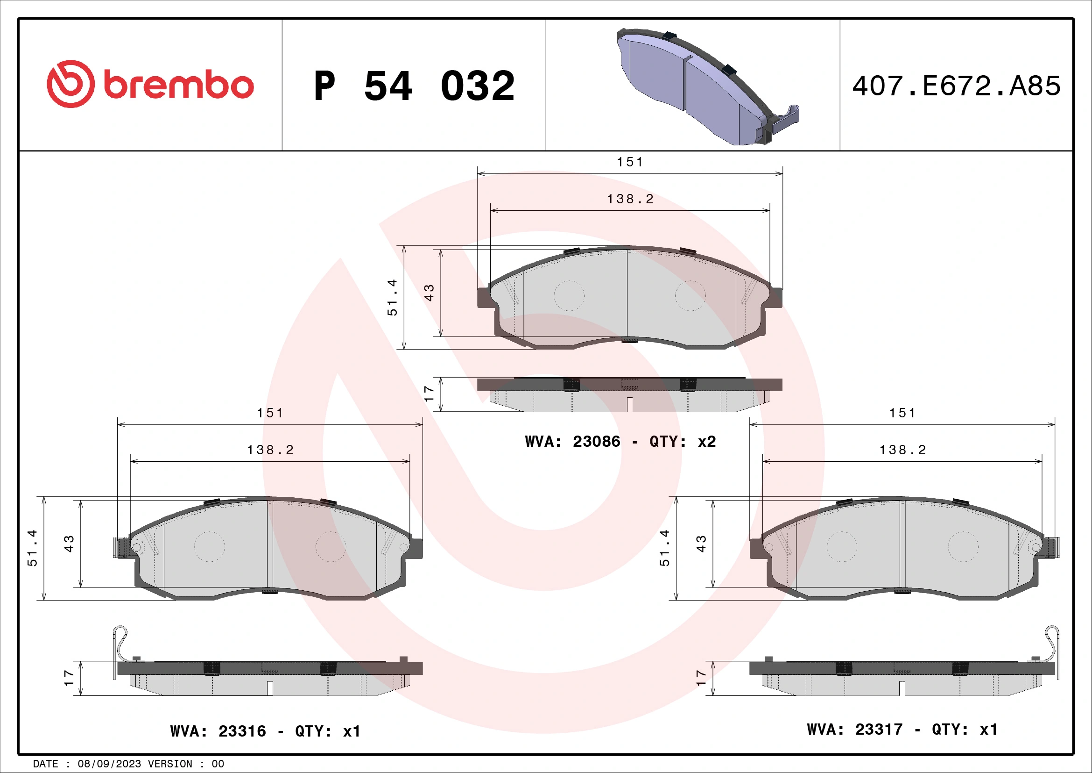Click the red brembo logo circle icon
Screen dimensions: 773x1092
[x=70, y=84]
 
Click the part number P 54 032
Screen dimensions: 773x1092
[x=414, y=86]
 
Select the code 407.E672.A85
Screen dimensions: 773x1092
[x=956, y=86]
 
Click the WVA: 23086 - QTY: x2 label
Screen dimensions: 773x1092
[x=620, y=442]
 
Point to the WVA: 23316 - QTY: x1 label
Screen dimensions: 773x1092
[x=265, y=731]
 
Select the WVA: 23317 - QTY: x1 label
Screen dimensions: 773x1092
[x=902, y=729]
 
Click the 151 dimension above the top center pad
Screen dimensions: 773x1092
[x=630, y=162]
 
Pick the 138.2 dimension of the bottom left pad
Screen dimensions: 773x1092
[x=270, y=450]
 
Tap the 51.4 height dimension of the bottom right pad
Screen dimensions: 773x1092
[x=664, y=548]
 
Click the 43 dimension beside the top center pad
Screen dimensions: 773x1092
[x=429, y=292]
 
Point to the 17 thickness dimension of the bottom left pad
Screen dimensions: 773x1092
[x=69, y=678]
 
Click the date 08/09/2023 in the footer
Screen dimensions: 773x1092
[x=109, y=764]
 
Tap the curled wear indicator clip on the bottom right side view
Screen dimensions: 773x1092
[x=1051, y=643]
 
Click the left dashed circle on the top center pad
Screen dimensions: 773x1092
[x=569, y=295]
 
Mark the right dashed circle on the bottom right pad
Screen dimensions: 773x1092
[x=963, y=547]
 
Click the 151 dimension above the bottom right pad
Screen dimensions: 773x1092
[x=902, y=413]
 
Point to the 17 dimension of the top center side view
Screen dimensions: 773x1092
[x=429, y=394]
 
